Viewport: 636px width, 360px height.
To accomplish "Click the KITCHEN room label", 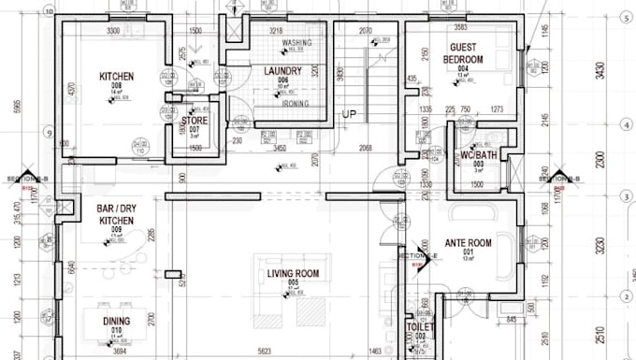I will [x=117, y=76].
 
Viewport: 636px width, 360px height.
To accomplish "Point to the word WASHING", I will [x=296, y=43].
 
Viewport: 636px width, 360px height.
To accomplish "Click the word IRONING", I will [x=296, y=104].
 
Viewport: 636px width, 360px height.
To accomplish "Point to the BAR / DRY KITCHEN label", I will [x=117, y=214].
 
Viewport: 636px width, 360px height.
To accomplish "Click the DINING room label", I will [x=117, y=321].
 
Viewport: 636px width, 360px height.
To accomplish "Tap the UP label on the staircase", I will [x=349, y=114].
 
